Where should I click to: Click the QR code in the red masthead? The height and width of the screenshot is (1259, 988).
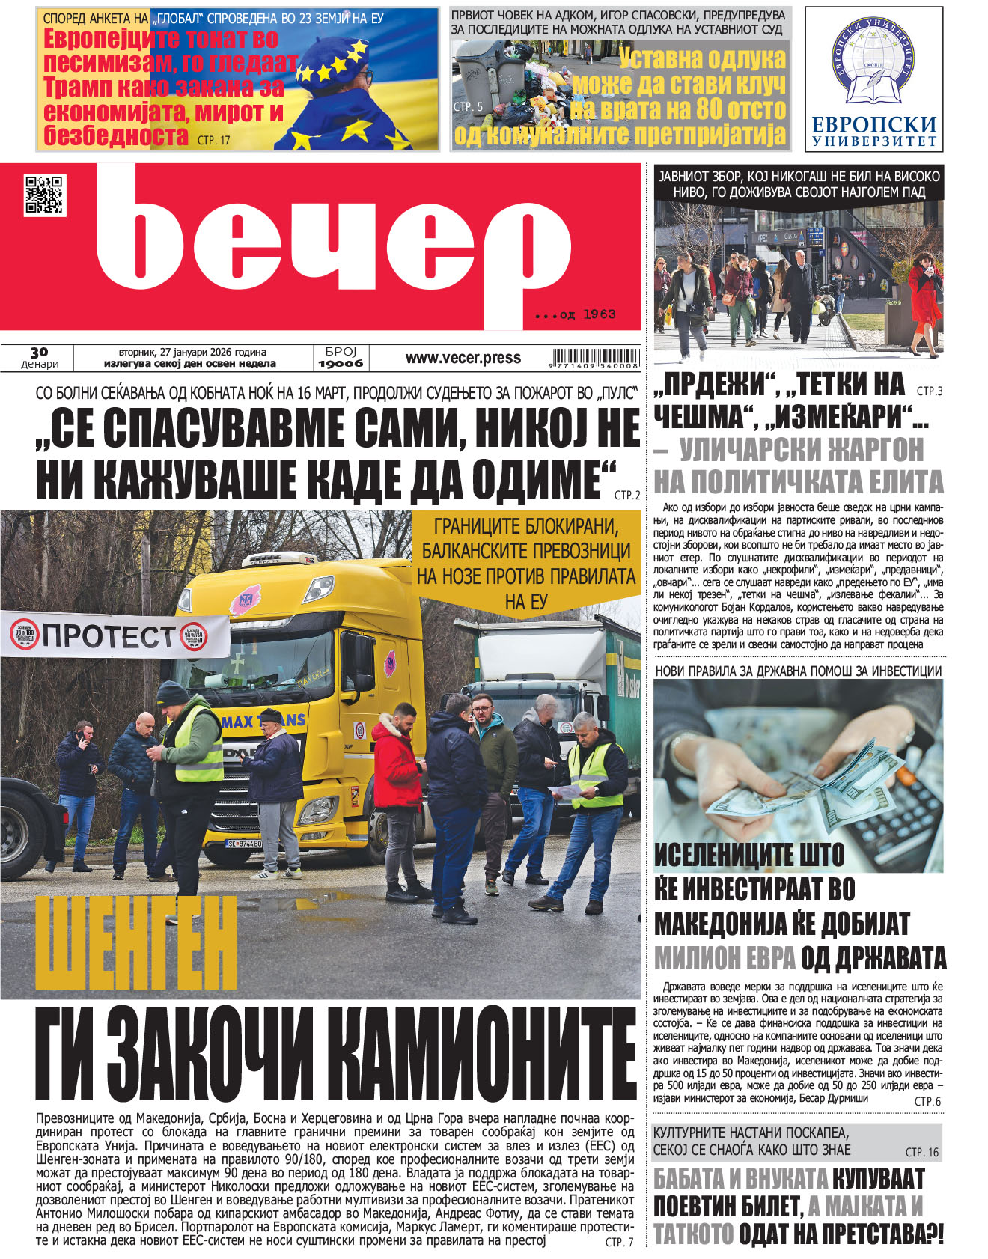[45, 195]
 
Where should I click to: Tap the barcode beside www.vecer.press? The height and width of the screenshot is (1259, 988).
[595, 359]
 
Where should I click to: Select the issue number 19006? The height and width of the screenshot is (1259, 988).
[341, 364]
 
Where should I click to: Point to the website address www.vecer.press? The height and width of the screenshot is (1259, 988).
[463, 358]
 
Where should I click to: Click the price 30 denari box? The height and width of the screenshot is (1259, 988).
[40, 358]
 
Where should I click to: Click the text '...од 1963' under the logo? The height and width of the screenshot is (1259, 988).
[576, 314]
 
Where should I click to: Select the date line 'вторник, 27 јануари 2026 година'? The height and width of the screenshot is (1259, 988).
[192, 352]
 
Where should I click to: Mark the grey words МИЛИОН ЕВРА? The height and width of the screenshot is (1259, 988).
[724, 958]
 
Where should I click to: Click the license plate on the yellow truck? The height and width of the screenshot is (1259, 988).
[244, 844]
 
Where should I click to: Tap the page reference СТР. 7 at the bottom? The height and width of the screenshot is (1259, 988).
[619, 1242]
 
